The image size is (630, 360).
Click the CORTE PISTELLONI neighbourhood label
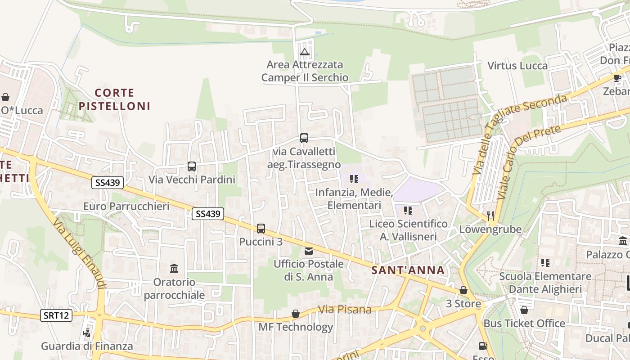pyautogui.click(x=114, y=99)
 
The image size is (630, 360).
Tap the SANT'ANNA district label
pyautogui.click(x=408, y=270)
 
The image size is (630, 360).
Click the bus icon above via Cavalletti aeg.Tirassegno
pyautogui.click(x=304, y=138)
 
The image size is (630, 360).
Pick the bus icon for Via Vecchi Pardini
pyautogui.click(x=192, y=166)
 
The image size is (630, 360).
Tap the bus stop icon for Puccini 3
pyautogui.click(x=261, y=229)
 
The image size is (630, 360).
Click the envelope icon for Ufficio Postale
pyautogui.click(x=309, y=251)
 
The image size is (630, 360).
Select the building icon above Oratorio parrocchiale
pyautogui.click(x=174, y=269)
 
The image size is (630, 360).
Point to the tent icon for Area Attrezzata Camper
pyautogui.click(x=305, y=52)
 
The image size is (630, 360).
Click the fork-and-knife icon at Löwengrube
pyautogui.click(x=490, y=216)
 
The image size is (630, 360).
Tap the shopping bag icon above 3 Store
pyautogui.click(x=463, y=291)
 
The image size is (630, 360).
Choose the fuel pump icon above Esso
pyautogui.click(x=483, y=346)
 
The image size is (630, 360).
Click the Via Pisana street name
pyautogui.click(x=345, y=310)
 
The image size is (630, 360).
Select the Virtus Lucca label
pyautogui.click(x=518, y=66)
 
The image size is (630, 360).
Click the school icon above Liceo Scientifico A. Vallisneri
pyautogui.click(x=408, y=210)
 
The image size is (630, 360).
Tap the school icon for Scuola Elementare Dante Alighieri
pyautogui.click(x=545, y=262)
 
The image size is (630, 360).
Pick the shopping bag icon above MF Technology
pyautogui.click(x=296, y=314)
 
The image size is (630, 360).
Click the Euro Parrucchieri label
pyautogui.click(x=126, y=207)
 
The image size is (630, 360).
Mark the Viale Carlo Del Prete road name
pyautogui.click(x=529, y=162)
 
